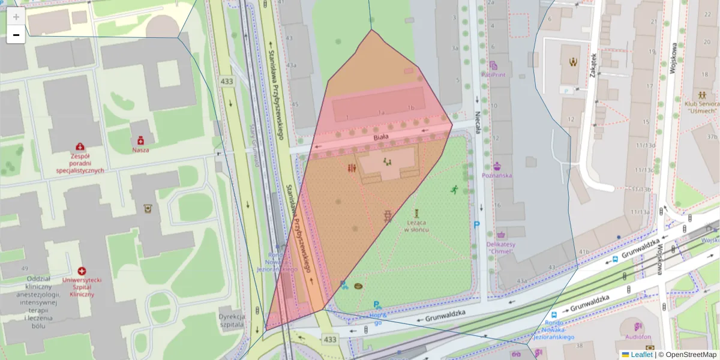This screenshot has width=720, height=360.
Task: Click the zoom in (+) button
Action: (x=16, y=17)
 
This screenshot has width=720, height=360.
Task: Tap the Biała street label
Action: (x=382, y=137)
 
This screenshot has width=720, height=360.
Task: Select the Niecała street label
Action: (x=478, y=123)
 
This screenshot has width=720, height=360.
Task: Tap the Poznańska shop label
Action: (x=497, y=176)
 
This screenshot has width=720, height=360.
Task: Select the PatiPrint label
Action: (x=493, y=75)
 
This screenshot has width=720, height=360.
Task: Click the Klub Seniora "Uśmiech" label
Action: (x=701, y=106)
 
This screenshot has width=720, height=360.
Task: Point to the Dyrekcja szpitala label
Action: (x=232, y=319)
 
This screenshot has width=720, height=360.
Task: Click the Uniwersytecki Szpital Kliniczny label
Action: (x=82, y=287)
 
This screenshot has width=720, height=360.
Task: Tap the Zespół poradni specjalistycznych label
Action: (x=80, y=162)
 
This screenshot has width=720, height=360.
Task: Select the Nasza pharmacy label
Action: (x=141, y=150)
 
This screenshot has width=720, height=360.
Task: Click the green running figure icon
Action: (x=454, y=190)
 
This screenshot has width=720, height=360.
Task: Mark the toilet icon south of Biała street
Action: (x=351, y=169)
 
